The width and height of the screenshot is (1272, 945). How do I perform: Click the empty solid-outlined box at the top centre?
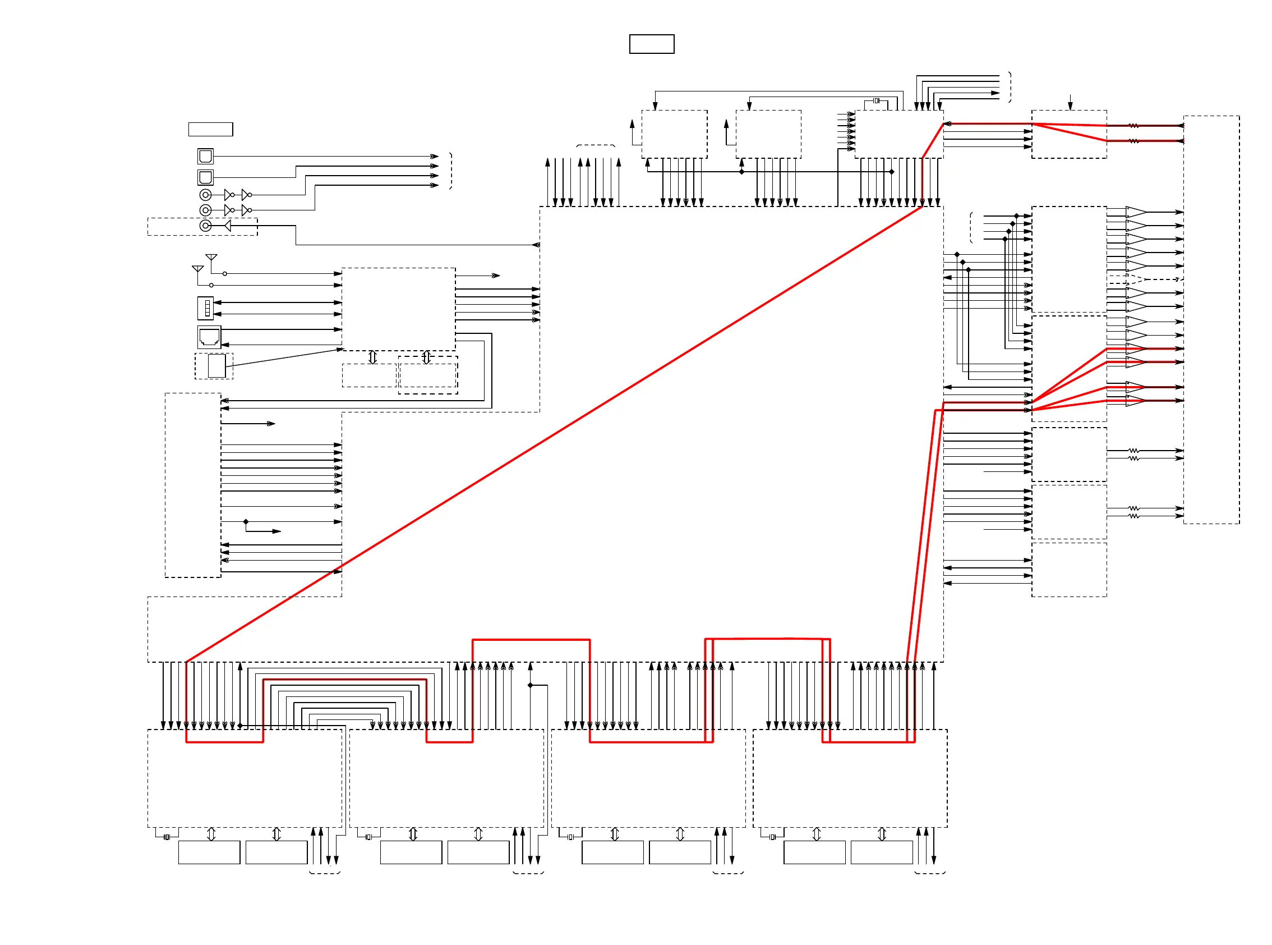[651, 44]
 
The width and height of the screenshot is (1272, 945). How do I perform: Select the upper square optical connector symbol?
[205, 156]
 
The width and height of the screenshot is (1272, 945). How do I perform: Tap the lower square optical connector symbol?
[205, 177]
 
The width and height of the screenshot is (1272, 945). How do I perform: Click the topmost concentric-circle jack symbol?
[205, 195]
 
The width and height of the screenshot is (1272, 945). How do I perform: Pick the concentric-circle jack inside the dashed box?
[205, 226]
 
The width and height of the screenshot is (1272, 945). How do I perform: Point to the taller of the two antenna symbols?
[211, 258]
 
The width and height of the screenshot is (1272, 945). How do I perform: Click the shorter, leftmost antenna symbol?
[198, 269]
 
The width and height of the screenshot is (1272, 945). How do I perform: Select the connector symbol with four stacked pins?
[205, 308]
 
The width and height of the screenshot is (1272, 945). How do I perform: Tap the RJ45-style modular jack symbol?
[209, 337]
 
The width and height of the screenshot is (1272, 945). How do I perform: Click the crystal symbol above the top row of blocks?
[875, 100]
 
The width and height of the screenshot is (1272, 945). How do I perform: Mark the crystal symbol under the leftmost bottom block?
[167, 837]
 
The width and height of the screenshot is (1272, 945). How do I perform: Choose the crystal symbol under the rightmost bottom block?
[772, 837]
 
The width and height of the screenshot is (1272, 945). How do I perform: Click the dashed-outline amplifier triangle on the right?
[1135, 279]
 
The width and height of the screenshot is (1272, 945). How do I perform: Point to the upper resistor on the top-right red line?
[1133, 126]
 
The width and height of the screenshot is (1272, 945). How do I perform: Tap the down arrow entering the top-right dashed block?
[1070, 103]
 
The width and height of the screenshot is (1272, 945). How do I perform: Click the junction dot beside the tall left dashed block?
[246, 522]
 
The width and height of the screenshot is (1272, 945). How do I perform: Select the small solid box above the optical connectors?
[210, 129]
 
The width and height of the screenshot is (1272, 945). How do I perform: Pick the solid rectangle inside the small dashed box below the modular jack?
[216, 366]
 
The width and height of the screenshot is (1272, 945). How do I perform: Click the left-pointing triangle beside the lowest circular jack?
[227, 226]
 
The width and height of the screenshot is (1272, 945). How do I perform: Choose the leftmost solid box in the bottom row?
[209, 852]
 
